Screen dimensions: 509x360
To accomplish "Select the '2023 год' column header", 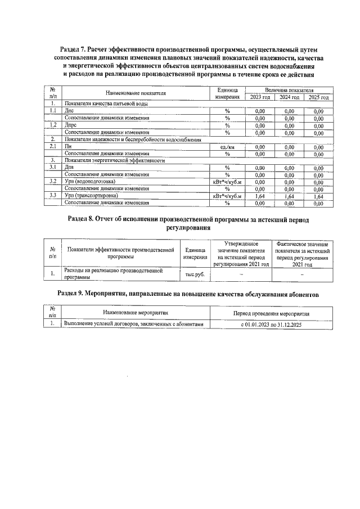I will click(259, 97).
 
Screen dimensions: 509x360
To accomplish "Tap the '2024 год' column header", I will click(289, 97).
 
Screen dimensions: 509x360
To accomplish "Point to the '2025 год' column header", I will click(318, 97).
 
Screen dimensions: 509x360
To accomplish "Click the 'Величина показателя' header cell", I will click(289, 90).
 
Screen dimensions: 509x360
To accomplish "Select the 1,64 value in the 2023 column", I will click(259, 196).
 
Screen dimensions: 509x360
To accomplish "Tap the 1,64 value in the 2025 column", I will click(318, 196).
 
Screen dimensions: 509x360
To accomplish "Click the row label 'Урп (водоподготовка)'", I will click(90, 182).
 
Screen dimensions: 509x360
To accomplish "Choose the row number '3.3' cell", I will click(52, 196).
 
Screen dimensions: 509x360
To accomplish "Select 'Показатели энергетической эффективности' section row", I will click(115, 160).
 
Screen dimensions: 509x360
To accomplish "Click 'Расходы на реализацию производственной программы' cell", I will click(113, 274).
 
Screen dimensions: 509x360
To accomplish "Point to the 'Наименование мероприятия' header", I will click(135, 312).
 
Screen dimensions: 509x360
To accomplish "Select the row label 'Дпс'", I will click(70, 111).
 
